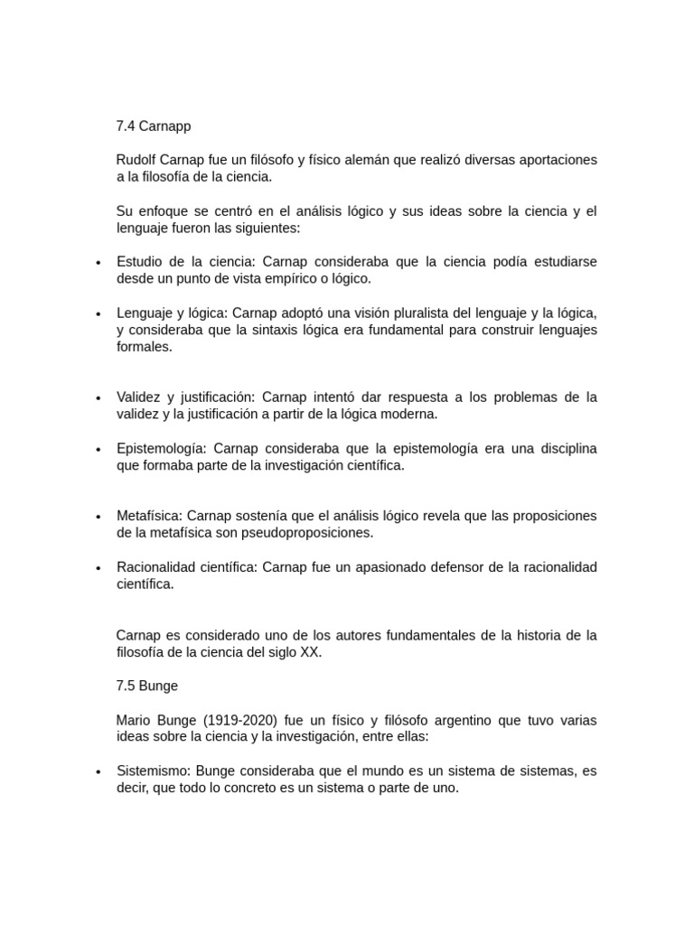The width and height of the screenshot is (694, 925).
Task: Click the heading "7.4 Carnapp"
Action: coord(154,126)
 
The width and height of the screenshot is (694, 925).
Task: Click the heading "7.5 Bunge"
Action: coord(147,686)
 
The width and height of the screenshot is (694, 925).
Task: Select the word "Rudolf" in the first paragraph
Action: coord(137,160)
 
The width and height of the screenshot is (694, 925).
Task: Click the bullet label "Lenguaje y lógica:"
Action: coord(172,313)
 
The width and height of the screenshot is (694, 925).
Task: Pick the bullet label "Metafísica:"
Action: coord(149,516)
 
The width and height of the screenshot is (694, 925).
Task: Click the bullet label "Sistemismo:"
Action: coord(154,771)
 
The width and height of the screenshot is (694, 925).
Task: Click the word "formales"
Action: coord(144,347)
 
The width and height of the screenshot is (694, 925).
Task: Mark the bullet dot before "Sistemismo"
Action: coord(98,772)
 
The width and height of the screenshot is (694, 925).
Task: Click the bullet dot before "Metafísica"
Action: coord(98,517)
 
